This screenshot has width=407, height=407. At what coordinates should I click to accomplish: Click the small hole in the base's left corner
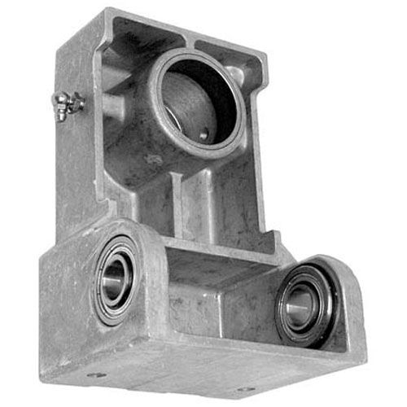coord(96,376)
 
